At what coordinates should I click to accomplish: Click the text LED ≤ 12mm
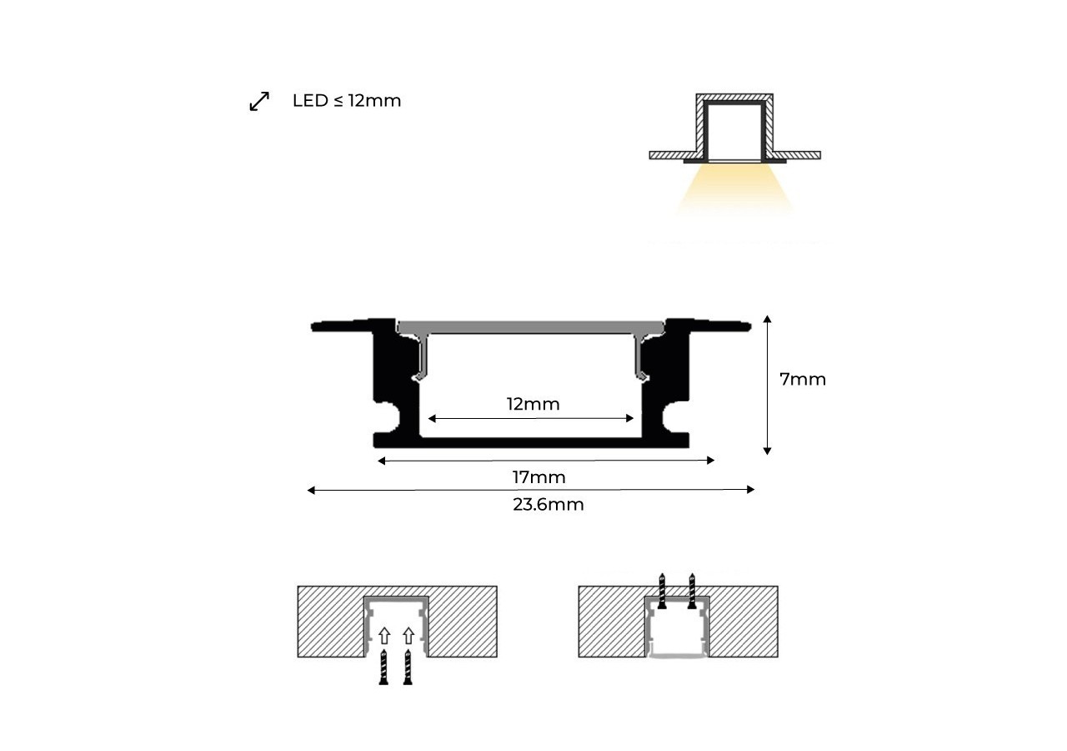coord(347,101)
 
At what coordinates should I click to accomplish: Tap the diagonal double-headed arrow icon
coord(259,102)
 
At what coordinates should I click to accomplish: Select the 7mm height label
coord(802,380)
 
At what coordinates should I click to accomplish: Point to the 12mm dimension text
coord(533,405)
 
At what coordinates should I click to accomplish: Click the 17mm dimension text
coord(539,477)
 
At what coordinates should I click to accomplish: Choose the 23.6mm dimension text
coord(548,505)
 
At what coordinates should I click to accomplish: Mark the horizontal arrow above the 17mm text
coord(546,461)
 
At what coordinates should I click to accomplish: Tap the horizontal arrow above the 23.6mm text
coord(531,490)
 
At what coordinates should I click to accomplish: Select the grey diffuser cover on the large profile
coord(531,326)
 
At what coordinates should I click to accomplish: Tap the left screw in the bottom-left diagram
coord(383,668)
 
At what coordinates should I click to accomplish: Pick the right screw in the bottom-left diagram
coord(408,668)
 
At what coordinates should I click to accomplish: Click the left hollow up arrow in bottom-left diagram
coord(383,636)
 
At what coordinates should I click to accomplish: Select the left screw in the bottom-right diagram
coord(663,589)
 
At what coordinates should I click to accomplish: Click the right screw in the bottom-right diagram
coord(691,589)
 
